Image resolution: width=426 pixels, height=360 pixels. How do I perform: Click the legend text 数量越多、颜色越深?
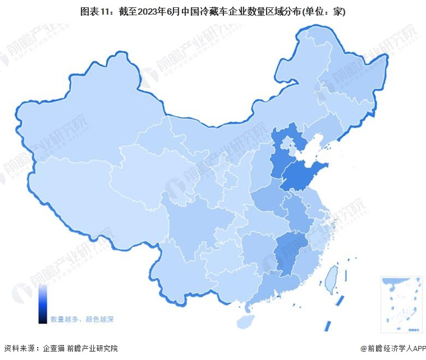point(82,319)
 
